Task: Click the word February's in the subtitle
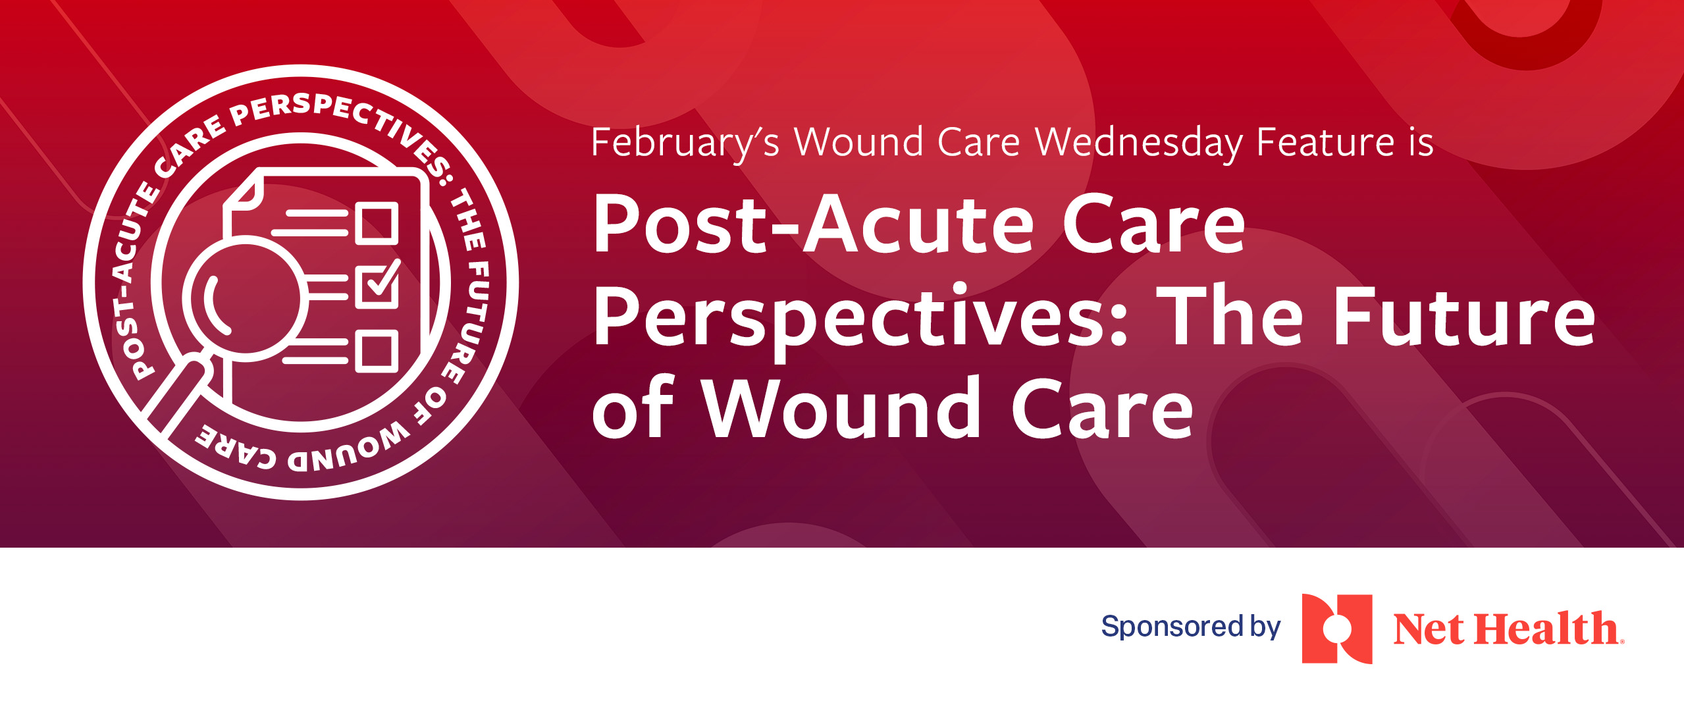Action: [x=685, y=143]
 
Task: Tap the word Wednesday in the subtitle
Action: [x=1138, y=143]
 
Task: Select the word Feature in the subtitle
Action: [x=1326, y=143]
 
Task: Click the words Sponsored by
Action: [x=1190, y=626]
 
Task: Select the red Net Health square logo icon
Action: [x=1336, y=629]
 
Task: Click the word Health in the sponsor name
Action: [x=1546, y=629]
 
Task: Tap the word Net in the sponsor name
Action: [x=1429, y=629]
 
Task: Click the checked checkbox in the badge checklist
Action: [x=377, y=286]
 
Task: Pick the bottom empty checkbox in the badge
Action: [x=377, y=351]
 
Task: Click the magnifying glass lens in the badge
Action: [x=245, y=299]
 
